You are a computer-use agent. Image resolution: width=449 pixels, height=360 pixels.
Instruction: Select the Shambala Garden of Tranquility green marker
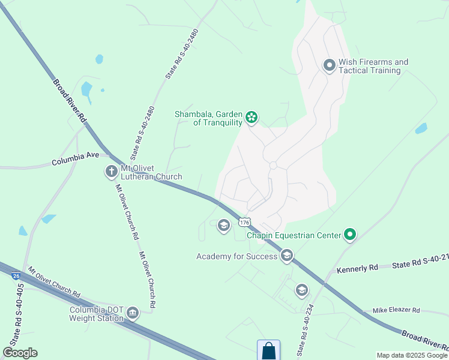[x=252, y=118]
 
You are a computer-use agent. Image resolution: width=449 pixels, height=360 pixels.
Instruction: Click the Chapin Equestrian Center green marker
[x=350, y=235]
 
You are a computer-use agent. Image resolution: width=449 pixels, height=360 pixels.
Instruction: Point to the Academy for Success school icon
[x=286, y=256]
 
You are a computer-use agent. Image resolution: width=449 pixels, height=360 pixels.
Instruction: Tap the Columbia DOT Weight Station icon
[x=132, y=313]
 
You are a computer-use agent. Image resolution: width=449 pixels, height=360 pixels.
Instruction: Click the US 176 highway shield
[x=244, y=223]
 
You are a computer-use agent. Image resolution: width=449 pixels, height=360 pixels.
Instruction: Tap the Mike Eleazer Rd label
[x=396, y=310]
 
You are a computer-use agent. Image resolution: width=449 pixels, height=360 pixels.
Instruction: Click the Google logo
[x=20, y=353]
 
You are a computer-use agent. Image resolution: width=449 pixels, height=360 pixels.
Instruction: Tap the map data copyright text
[x=412, y=355]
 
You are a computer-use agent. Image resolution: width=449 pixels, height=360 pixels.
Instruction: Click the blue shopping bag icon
[x=268, y=350]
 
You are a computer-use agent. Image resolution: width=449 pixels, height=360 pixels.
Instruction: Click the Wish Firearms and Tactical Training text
[x=373, y=66]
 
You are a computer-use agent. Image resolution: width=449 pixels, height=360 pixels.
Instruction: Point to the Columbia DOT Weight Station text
[x=97, y=314]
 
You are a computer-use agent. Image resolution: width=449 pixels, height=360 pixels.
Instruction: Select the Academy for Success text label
[x=237, y=257]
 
